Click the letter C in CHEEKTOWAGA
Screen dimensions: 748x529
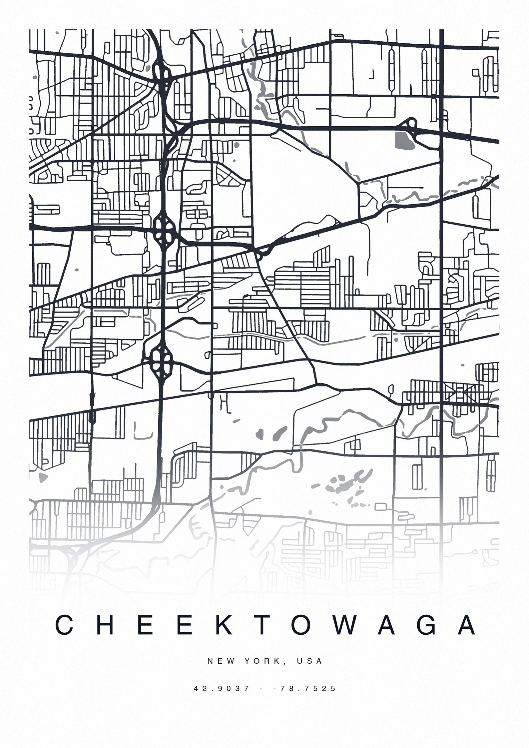(x=64, y=625)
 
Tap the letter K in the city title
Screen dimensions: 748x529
(x=222, y=625)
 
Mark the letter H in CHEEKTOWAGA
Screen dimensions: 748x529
(x=104, y=625)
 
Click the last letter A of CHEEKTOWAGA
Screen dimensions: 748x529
(x=467, y=625)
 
